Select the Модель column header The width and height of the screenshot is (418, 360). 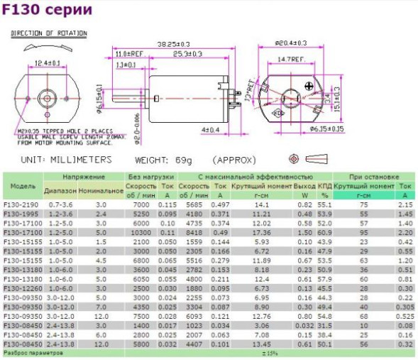click(x=23, y=185)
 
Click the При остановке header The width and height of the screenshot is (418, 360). click(x=374, y=176)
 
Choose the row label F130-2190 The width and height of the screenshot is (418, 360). click(x=21, y=204)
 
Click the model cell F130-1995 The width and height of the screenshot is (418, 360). click(x=21, y=213)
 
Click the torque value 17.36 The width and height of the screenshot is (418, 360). click(x=262, y=232)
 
